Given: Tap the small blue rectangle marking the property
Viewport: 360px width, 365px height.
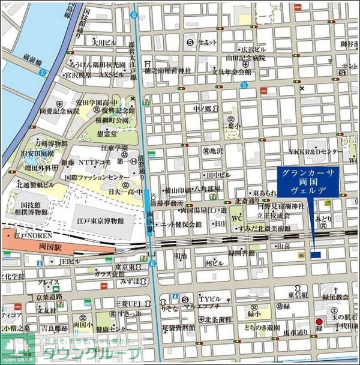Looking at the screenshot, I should coord(316,255).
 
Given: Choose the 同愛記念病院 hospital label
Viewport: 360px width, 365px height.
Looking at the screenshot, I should coord(60,111).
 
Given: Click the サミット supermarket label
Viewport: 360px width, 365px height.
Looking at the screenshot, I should coord(207,42).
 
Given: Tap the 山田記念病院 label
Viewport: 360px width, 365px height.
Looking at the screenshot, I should coord(245,58).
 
